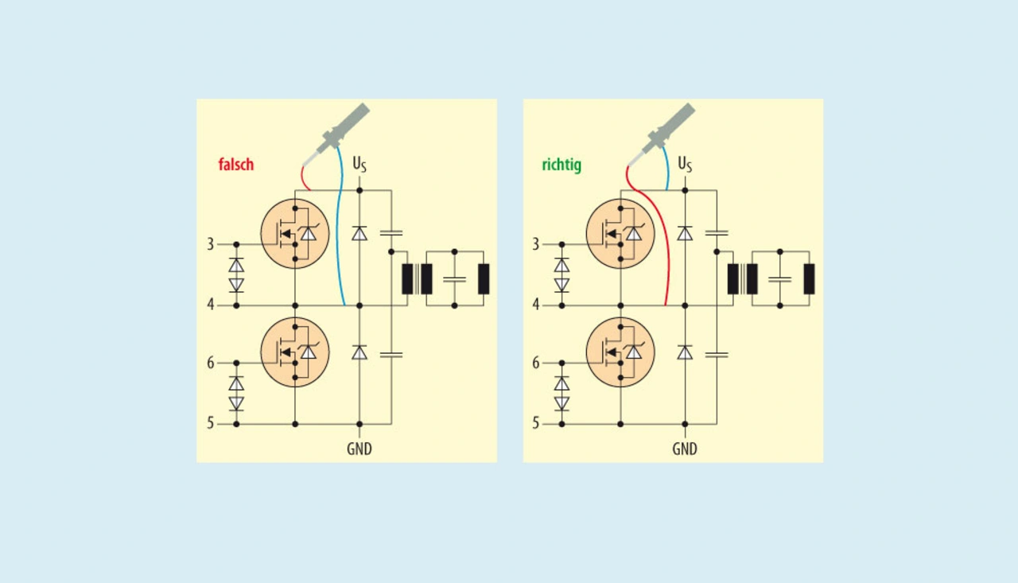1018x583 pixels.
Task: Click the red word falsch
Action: pyautogui.click(x=235, y=165)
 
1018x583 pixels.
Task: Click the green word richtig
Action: pyautogui.click(x=561, y=165)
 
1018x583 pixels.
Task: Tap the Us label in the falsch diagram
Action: pyautogui.click(x=359, y=164)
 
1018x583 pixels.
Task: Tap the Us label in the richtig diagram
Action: pyautogui.click(x=685, y=164)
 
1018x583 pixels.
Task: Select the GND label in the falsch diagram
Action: pyautogui.click(x=359, y=449)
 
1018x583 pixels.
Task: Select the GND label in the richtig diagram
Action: pyautogui.click(x=684, y=449)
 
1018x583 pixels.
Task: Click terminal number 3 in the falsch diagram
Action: pyautogui.click(x=211, y=244)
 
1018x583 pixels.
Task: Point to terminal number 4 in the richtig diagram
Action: pyautogui.click(x=536, y=305)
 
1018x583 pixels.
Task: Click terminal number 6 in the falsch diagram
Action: pyautogui.click(x=211, y=363)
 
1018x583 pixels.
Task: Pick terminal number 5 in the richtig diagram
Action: pyautogui.click(x=536, y=423)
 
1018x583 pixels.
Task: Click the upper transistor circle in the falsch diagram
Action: pyautogui.click(x=295, y=234)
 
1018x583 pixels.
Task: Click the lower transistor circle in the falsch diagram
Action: pyautogui.click(x=295, y=352)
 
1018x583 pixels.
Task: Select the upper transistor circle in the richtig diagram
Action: pyautogui.click(x=620, y=234)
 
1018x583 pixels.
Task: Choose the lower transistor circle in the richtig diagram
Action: pyautogui.click(x=620, y=352)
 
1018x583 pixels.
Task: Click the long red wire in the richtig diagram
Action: pyautogui.click(x=665, y=239)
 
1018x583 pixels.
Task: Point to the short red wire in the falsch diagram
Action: pyautogui.click(x=303, y=177)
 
